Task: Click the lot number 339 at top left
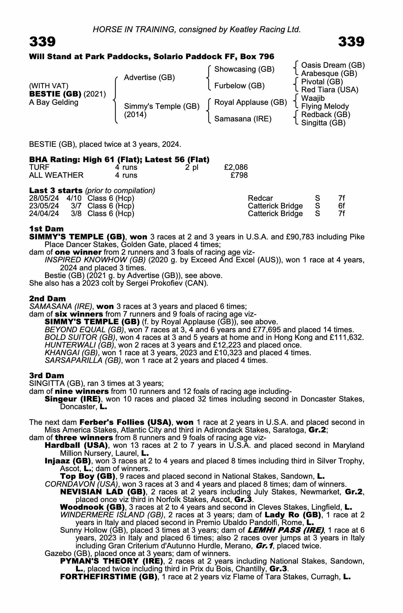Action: coord(42,42)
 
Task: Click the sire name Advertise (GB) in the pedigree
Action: coord(149,78)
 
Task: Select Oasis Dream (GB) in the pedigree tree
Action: coord(333,65)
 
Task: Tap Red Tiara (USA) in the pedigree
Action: coord(330,90)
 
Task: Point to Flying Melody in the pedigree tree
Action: coord(325,106)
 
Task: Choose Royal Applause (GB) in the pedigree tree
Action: coord(250,102)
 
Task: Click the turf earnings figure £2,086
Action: coord(236,167)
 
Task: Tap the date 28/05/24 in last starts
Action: coord(44,198)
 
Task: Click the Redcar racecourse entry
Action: coord(260,198)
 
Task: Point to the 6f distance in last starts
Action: coord(341,206)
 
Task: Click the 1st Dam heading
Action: coord(46,229)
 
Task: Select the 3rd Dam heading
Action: coord(47,375)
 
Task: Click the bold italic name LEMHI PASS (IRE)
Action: coord(285,530)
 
